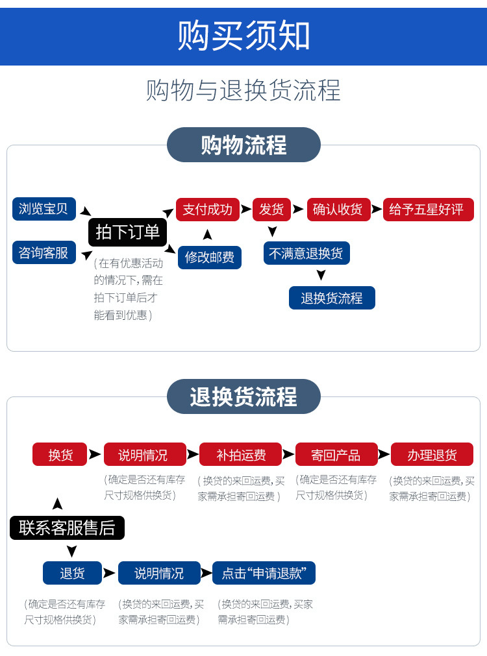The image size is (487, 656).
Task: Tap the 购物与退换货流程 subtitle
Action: coord(243,90)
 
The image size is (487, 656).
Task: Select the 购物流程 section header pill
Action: coord(243,145)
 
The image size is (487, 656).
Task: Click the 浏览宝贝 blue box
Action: coord(44,209)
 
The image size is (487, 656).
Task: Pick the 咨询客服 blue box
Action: coord(44,252)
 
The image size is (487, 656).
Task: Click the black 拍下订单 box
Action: coord(127,232)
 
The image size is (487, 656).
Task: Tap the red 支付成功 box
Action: coord(208,210)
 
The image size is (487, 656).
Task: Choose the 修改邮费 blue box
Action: coord(210,257)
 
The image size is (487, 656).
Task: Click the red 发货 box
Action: coord(271,210)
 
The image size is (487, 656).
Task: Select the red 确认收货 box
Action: coord(338,210)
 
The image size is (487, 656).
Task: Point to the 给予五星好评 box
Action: coord(428,210)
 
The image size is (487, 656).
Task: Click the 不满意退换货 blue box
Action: coord(306,252)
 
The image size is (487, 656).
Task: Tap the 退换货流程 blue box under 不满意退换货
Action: coord(332,298)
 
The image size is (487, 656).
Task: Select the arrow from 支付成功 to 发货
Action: coord(246,210)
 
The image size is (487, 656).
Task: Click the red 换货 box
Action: coord(60,454)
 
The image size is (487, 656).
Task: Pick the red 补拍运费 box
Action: coord(240,454)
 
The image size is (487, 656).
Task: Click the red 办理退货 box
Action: coord(432,454)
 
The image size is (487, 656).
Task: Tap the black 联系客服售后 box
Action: coord(67,528)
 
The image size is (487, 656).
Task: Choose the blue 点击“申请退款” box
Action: coord(264,573)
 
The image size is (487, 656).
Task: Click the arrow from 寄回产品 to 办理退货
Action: coord(384,454)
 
